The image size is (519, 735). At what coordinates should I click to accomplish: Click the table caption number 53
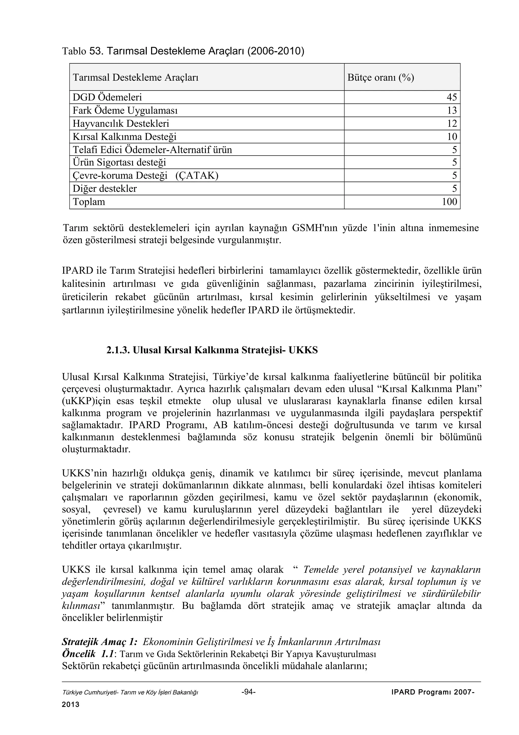pos(95,51)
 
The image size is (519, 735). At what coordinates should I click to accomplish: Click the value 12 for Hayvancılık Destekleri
pos(452,124)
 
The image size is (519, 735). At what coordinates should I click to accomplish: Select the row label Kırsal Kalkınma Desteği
pos(124,137)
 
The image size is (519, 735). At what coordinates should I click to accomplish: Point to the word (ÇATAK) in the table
pos(197,176)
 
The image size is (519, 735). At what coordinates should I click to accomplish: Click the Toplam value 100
pos(449,202)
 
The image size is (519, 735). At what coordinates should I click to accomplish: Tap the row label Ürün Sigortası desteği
pos(119,163)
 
